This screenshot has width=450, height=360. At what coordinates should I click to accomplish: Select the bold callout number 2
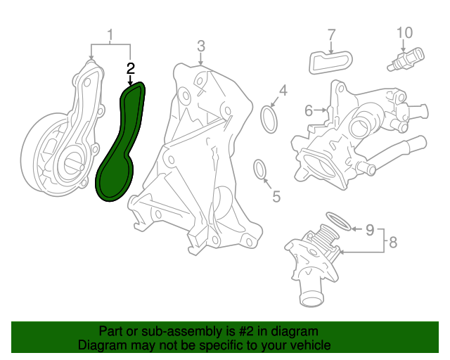131,69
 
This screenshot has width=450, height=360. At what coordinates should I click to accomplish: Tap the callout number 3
201,46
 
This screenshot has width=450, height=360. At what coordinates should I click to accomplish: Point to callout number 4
283,91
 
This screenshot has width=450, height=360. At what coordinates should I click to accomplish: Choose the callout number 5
276,197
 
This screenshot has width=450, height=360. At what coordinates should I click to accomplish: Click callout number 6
309,110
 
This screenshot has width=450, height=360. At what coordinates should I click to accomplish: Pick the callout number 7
331,34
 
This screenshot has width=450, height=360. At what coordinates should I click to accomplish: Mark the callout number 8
393,243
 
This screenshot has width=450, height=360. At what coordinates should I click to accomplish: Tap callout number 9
370,230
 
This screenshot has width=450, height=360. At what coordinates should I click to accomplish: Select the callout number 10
405,33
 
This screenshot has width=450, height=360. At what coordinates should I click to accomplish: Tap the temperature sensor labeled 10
406,59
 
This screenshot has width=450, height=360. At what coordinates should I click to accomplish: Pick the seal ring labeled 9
339,221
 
